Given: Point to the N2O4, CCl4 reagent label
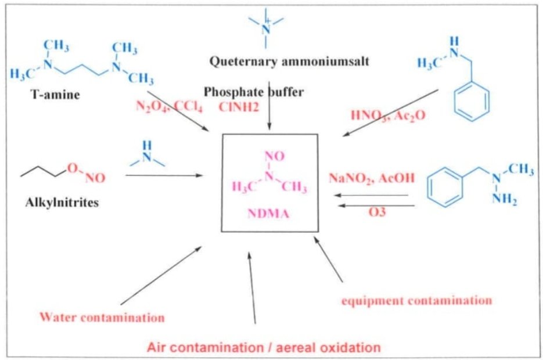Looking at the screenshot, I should (x=168, y=106).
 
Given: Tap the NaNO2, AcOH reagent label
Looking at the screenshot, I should (x=372, y=178).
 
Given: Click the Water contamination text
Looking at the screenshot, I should (x=102, y=318).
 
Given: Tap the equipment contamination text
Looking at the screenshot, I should (x=416, y=300).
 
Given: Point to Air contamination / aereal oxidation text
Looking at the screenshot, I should (x=264, y=348).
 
